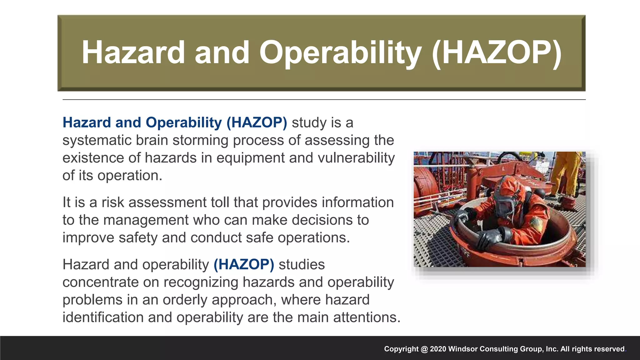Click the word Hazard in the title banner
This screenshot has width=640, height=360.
point(133,52)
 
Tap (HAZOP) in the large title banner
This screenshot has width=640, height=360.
point(497,52)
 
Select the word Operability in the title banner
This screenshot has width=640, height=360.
point(340,52)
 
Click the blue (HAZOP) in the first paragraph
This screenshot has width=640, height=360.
point(257,122)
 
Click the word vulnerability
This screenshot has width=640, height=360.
point(356,158)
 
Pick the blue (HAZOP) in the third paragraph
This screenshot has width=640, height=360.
point(244,265)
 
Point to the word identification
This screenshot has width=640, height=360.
point(103,317)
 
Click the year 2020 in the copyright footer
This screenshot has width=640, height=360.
point(438,349)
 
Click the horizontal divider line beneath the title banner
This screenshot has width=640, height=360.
point(324,100)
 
